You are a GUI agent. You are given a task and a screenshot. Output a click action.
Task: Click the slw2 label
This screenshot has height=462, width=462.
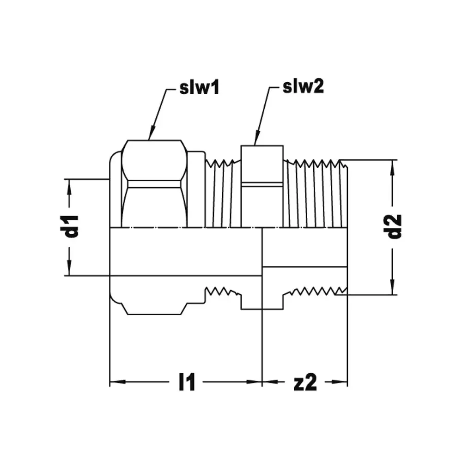click(x=303, y=86)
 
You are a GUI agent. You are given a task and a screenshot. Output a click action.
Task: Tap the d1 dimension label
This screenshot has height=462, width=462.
click(x=72, y=226)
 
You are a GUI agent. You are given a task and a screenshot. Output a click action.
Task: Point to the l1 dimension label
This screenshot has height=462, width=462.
click(x=187, y=382)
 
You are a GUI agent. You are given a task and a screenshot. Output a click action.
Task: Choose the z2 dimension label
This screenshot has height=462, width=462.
click(x=305, y=382)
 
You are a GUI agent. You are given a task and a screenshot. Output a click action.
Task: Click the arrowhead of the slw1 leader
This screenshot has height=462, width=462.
click(x=151, y=133)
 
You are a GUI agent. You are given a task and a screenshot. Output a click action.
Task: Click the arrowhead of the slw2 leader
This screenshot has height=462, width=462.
click(x=256, y=138)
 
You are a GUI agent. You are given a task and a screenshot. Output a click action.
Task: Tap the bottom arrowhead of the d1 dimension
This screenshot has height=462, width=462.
click(x=69, y=268)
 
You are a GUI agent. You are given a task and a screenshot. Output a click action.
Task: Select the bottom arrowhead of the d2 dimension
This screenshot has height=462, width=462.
click(x=392, y=287)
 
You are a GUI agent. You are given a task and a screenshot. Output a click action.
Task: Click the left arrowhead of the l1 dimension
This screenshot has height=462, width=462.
click(x=117, y=382)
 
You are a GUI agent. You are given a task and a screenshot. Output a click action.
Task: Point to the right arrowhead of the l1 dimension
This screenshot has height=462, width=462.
click(x=254, y=382)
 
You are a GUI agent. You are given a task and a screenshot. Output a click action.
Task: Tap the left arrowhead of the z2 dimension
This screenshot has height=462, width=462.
click(x=270, y=382)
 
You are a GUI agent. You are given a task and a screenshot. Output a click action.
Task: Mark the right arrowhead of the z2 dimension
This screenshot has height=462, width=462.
click(x=340, y=382)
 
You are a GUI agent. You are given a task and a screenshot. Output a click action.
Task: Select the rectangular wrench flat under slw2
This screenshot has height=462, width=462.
click(x=262, y=186)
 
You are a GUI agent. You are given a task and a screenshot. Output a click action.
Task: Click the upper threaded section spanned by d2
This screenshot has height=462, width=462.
click(x=315, y=194)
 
